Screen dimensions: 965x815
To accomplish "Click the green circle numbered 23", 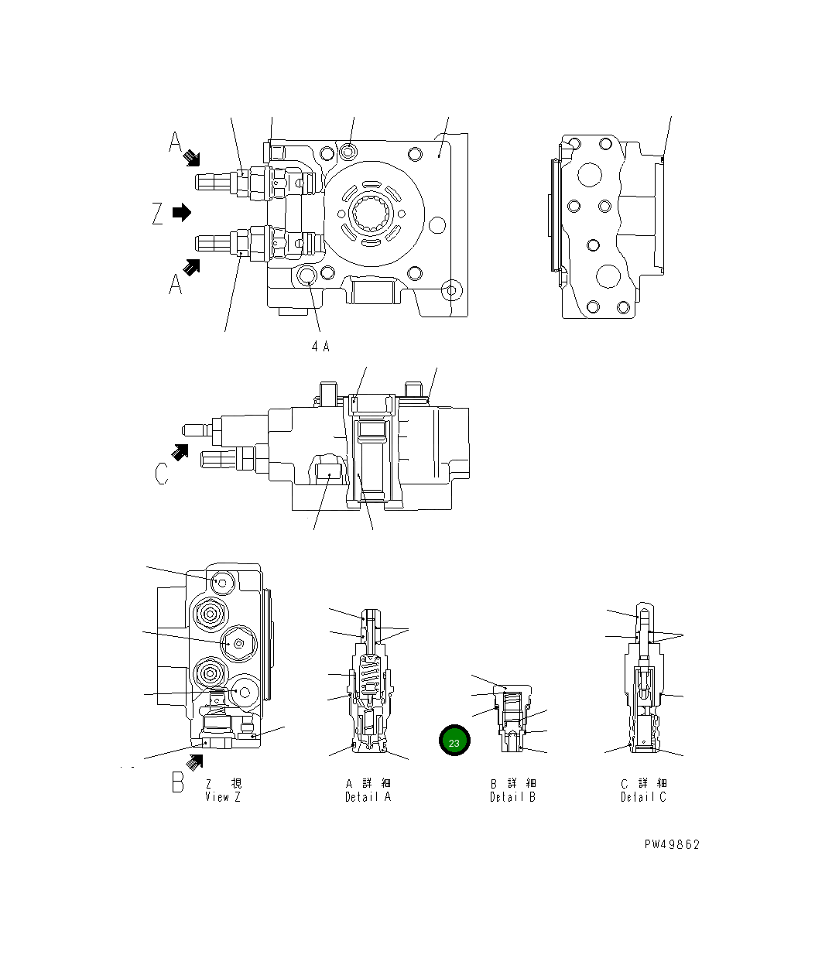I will point(454,741).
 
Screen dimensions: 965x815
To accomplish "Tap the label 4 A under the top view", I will point(320,347).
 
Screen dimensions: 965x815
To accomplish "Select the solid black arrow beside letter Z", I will point(182,212).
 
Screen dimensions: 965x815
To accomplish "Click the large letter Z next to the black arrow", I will point(158,214).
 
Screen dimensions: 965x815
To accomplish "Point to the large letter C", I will point(161,473).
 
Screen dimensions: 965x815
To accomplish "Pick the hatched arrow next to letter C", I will point(180,452).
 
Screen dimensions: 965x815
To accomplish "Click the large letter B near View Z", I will point(178,782).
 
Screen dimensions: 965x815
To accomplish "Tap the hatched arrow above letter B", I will point(194,762).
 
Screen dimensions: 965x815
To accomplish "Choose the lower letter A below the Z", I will point(176,284).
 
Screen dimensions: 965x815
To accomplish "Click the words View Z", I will point(222,797).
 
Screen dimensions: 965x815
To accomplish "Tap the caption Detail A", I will point(368,797).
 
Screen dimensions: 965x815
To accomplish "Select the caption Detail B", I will point(512,797).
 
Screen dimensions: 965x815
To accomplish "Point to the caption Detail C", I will point(642,797).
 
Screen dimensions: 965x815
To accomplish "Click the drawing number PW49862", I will point(671,844).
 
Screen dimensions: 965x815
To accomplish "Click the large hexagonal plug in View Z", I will point(238,643).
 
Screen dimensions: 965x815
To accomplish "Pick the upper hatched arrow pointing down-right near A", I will point(191,159).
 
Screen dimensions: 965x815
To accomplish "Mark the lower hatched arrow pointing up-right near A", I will point(191,266).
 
